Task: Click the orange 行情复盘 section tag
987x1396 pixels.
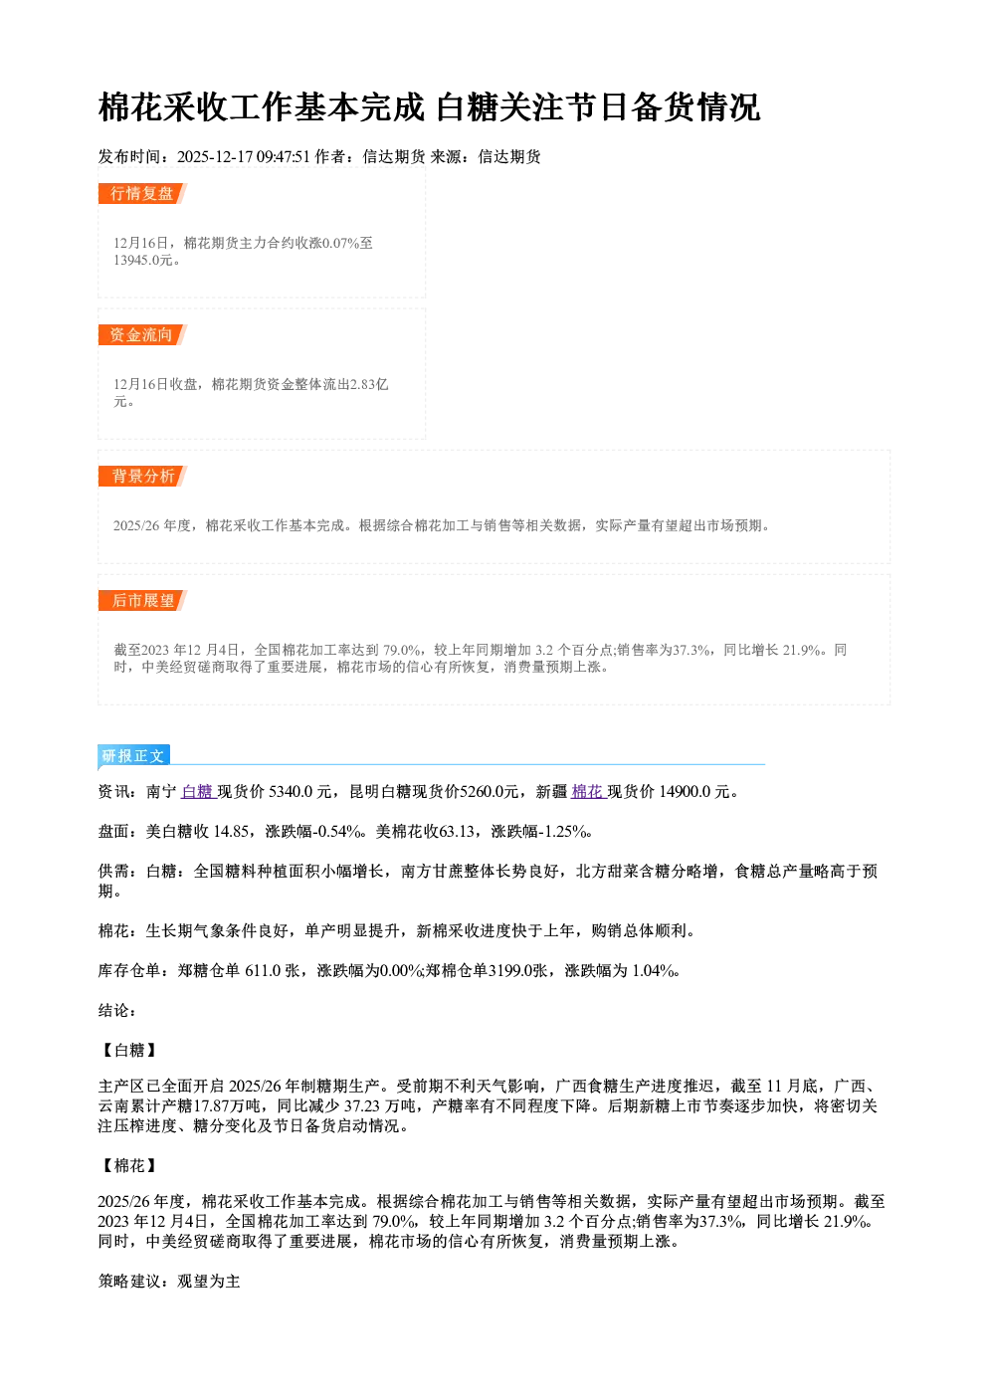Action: (x=142, y=193)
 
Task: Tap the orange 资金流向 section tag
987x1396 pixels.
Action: (x=142, y=334)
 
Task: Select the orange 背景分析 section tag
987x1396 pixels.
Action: (x=142, y=477)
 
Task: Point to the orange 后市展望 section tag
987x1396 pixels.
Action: (x=142, y=600)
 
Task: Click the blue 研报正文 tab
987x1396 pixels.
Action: (x=133, y=755)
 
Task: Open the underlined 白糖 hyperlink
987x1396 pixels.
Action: (x=198, y=791)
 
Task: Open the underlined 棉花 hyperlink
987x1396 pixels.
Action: (x=588, y=791)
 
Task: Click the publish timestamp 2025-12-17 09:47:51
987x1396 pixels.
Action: (x=244, y=156)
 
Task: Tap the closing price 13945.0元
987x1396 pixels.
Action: (x=142, y=260)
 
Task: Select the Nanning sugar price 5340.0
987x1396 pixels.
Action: (x=291, y=791)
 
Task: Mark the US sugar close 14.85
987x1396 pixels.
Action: (x=231, y=832)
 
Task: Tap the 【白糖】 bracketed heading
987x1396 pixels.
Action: (x=129, y=1050)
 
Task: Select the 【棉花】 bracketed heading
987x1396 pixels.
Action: (x=129, y=1165)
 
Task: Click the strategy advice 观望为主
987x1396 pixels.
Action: (x=209, y=1282)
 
